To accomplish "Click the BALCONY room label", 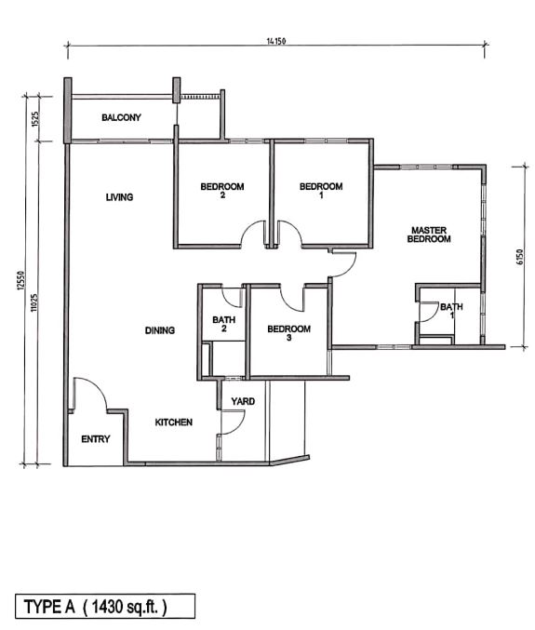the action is (x=121, y=117).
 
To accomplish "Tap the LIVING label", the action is (x=119, y=197).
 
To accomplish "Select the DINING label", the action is (x=160, y=330).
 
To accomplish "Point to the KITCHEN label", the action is (x=173, y=422).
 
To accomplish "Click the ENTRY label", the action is (x=96, y=439).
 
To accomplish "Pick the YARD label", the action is (x=243, y=401).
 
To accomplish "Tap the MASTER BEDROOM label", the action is (x=429, y=235).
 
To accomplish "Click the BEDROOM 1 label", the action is (x=321, y=191).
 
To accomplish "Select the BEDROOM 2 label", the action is (x=222, y=191).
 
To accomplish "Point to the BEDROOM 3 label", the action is (x=288, y=333).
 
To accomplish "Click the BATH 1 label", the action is (x=451, y=311).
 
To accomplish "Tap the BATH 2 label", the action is (x=223, y=324).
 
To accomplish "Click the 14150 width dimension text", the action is (x=276, y=41).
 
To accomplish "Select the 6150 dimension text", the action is (x=520, y=257).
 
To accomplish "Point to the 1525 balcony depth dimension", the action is (x=35, y=119).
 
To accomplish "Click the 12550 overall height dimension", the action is (x=21, y=280).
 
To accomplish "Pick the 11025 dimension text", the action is (x=34, y=302).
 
